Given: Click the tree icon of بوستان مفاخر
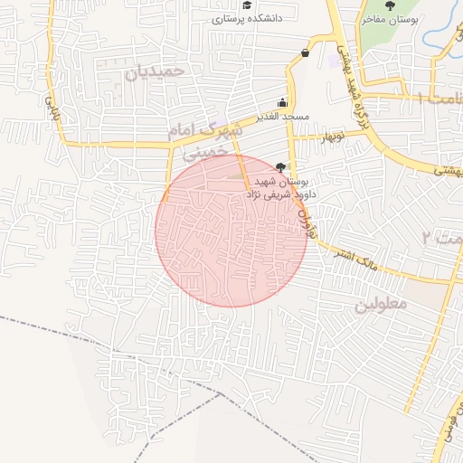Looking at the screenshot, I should pyautogui.click(x=390, y=6).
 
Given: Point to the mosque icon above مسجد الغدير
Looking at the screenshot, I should pyautogui.click(x=283, y=102).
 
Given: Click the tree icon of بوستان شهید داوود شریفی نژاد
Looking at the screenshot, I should pyautogui.click(x=280, y=166).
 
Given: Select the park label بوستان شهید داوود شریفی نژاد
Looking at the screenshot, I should pyautogui.click(x=265, y=188).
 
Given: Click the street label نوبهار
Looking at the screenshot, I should pyautogui.click(x=331, y=137).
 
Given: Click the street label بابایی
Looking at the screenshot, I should pyautogui.click(x=42, y=113).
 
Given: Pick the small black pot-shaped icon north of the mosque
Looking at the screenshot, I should pyautogui.click(x=305, y=52).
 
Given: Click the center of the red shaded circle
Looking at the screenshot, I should pyautogui.click(x=231, y=231).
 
